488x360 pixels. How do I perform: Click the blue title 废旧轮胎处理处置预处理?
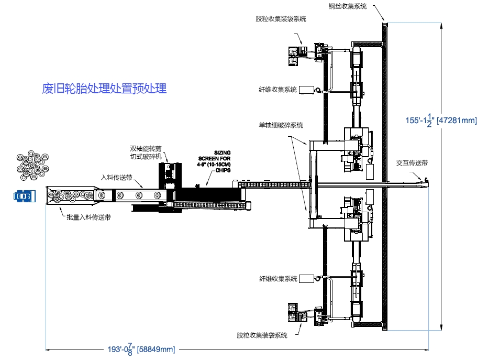click(104, 89)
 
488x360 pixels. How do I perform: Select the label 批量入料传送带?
click(88, 216)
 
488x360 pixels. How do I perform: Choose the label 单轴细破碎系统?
click(280, 125)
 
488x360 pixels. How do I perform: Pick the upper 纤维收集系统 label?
click(278, 89)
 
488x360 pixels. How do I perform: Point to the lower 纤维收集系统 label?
click(278, 278)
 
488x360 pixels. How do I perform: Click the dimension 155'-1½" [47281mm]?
click(441, 120)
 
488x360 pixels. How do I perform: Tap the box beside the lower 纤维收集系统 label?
click(306, 278)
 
